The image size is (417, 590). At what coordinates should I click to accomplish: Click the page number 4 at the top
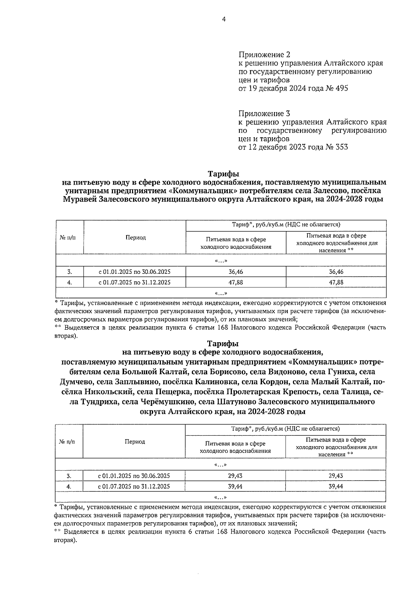[x=224, y=20]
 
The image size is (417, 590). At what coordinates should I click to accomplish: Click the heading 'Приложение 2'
[x=264, y=55]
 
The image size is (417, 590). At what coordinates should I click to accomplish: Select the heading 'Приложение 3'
[x=264, y=114]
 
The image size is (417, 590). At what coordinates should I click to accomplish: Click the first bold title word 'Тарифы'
[x=224, y=173]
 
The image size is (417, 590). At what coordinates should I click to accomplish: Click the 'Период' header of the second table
[x=135, y=442]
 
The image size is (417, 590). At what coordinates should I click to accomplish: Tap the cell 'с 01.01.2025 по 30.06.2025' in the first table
[x=134, y=272]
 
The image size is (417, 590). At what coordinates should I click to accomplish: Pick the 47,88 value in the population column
[x=336, y=282]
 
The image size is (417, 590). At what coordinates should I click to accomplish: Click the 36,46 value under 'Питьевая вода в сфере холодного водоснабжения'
[x=236, y=272]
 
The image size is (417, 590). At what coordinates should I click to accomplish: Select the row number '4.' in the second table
[x=69, y=486]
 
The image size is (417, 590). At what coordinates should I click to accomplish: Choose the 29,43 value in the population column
[x=336, y=476]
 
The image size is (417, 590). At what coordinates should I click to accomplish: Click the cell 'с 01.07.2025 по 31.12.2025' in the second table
[x=134, y=486]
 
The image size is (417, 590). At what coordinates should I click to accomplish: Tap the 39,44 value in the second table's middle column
[x=235, y=486]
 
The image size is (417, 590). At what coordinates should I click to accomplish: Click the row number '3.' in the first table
[x=69, y=272]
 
